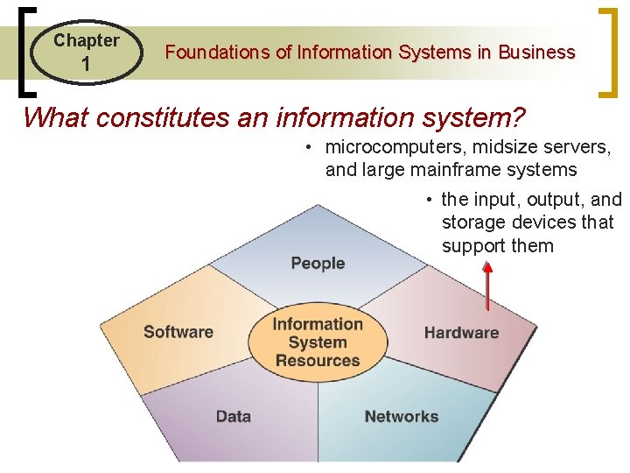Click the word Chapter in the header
(x=86, y=40)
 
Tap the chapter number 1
(x=86, y=65)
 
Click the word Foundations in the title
(x=218, y=53)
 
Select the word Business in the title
(x=536, y=53)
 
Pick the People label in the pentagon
(x=318, y=264)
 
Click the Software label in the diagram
(x=178, y=332)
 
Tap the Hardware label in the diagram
(x=461, y=333)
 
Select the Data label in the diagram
(x=234, y=416)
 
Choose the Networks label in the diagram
(x=402, y=416)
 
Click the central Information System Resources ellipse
(x=318, y=342)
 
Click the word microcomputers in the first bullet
(x=393, y=148)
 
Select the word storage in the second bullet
(x=471, y=223)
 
